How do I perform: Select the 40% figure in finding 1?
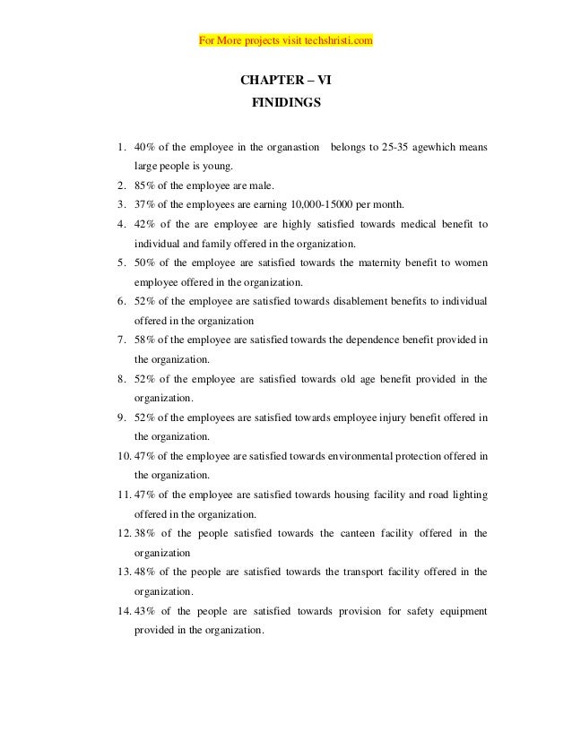point(144,147)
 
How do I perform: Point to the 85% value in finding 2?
point(144,185)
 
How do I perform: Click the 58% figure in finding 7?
point(144,340)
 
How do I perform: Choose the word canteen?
point(357,534)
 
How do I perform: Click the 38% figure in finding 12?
point(144,534)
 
